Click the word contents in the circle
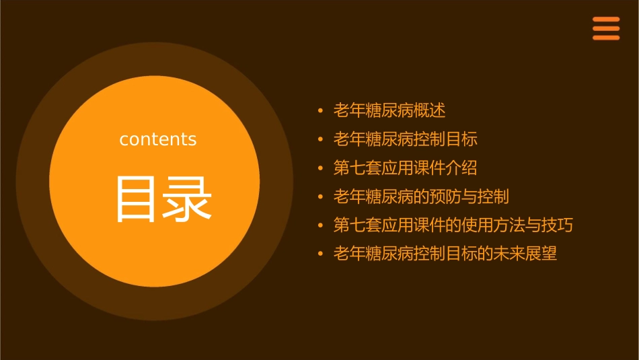click(x=158, y=139)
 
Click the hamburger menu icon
click(x=605, y=28)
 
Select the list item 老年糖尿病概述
click(x=389, y=110)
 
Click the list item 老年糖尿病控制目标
click(x=405, y=139)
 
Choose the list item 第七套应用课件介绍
click(x=405, y=168)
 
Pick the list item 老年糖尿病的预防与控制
click(x=421, y=196)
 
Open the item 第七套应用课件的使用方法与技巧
click(x=453, y=225)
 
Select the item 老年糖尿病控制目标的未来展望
click(x=445, y=254)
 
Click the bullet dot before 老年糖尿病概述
click(x=321, y=110)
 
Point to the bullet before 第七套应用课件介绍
click(x=321, y=168)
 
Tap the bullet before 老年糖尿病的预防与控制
click(x=321, y=196)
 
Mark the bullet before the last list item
click(x=321, y=254)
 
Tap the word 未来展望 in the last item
click(x=525, y=254)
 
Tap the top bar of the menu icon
click(x=605, y=20)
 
